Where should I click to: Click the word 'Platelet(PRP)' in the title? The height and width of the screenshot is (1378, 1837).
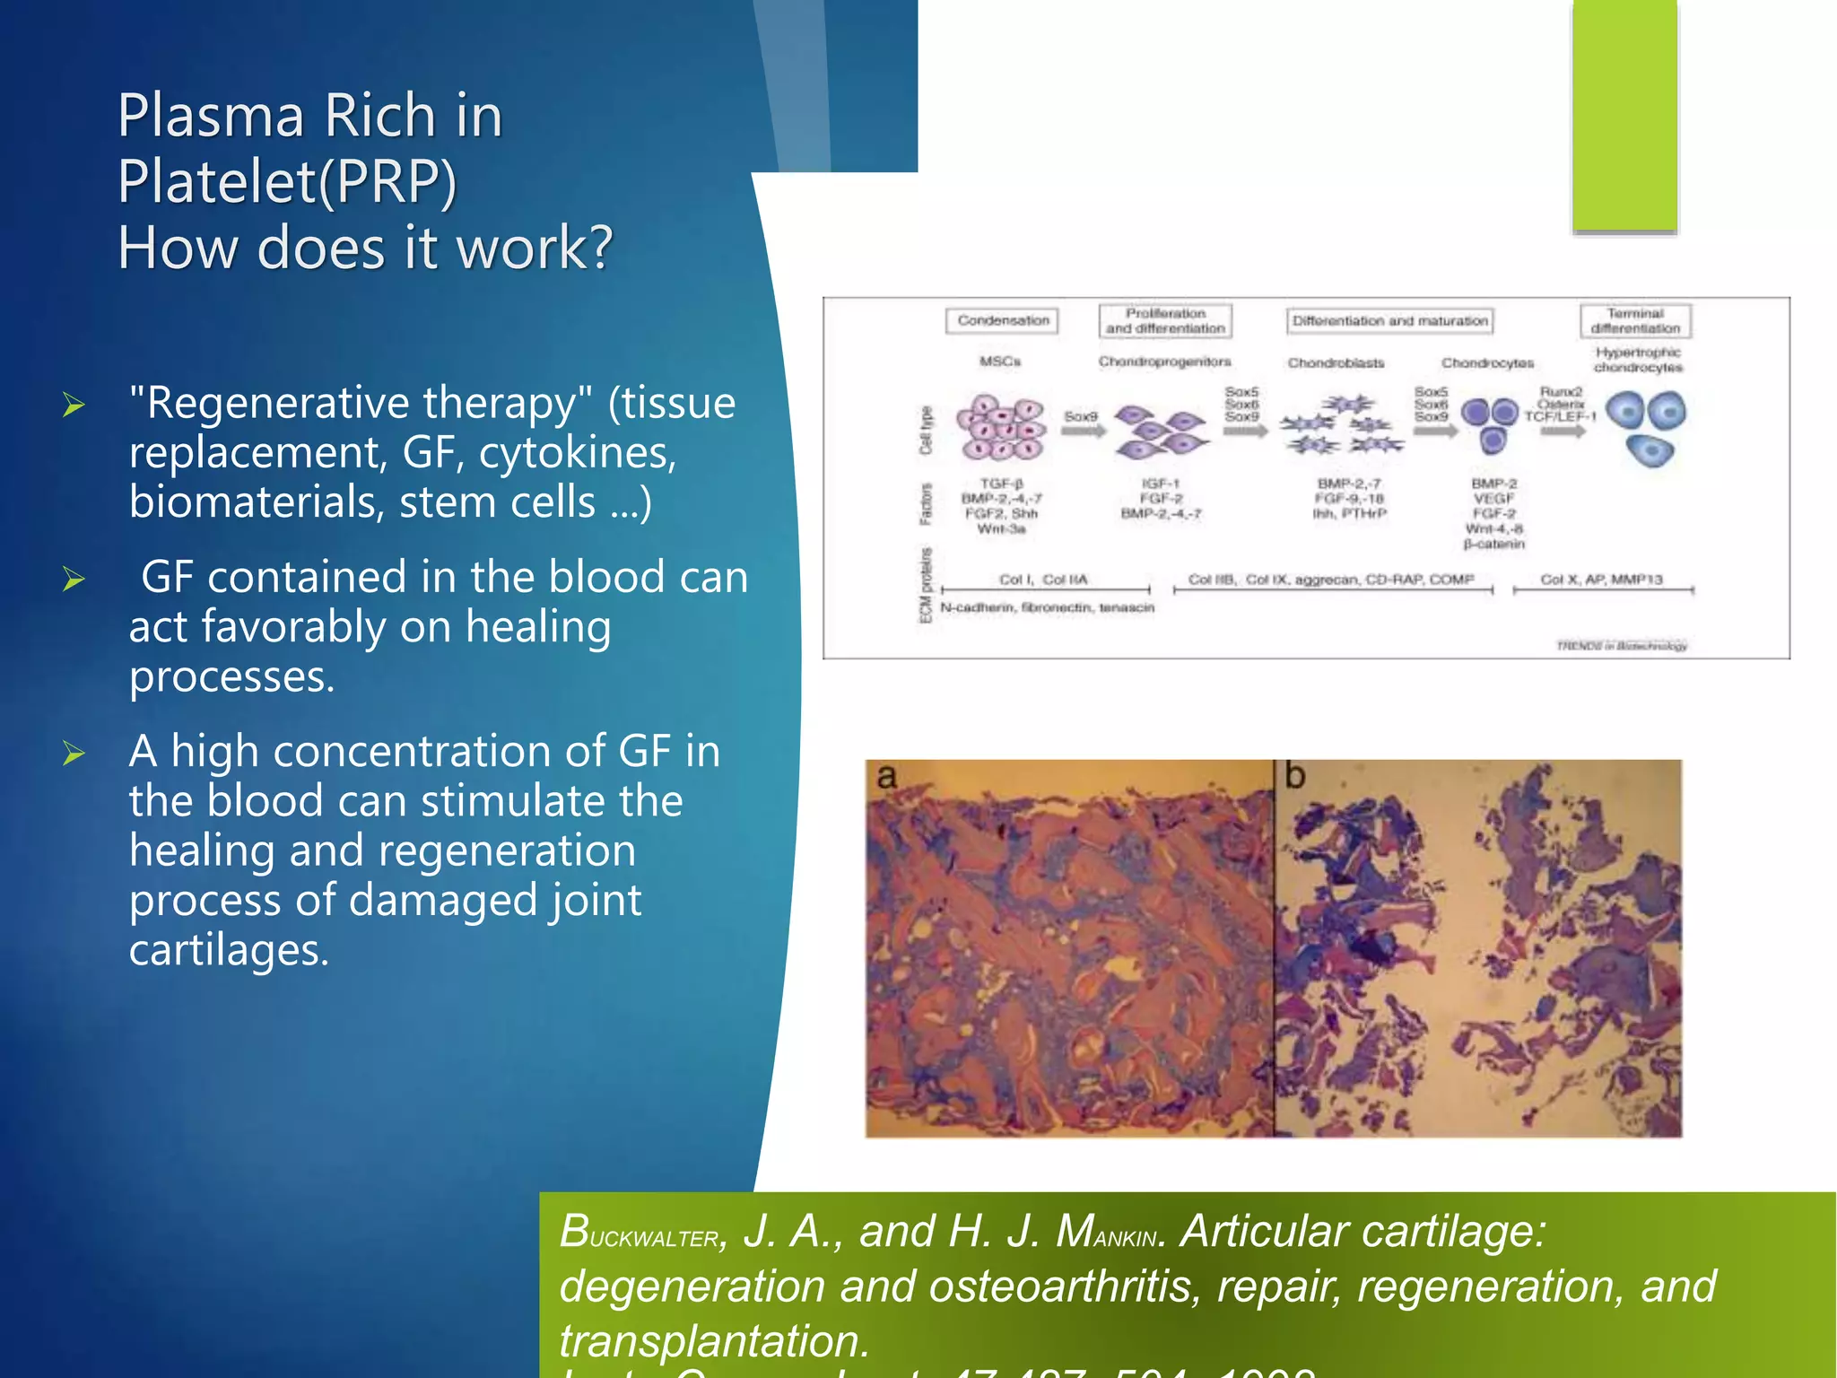(x=287, y=182)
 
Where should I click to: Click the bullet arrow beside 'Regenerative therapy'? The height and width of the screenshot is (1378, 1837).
(x=74, y=406)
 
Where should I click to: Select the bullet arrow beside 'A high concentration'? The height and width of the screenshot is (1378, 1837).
(x=74, y=754)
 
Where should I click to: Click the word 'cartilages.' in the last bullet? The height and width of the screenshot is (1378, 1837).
(x=229, y=950)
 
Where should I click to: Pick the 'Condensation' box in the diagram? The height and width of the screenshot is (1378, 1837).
(x=1002, y=320)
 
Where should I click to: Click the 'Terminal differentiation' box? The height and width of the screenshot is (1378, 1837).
(x=1635, y=320)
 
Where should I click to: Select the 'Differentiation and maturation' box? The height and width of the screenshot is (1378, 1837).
(x=1389, y=320)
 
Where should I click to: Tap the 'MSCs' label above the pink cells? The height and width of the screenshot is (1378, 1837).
(x=999, y=362)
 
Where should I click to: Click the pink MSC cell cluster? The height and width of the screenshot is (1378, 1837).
(x=1000, y=427)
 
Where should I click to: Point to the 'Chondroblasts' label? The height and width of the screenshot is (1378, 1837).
(x=1336, y=363)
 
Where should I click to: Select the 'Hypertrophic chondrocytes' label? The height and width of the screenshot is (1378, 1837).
(x=1638, y=360)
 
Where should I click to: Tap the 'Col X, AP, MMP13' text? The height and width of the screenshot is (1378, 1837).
(x=1601, y=580)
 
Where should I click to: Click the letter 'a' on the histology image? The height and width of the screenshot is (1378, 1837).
(x=886, y=776)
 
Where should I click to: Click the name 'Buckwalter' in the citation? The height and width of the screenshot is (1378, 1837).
(x=639, y=1232)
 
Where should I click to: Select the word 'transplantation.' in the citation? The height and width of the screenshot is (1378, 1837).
(x=714, y=1341)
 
